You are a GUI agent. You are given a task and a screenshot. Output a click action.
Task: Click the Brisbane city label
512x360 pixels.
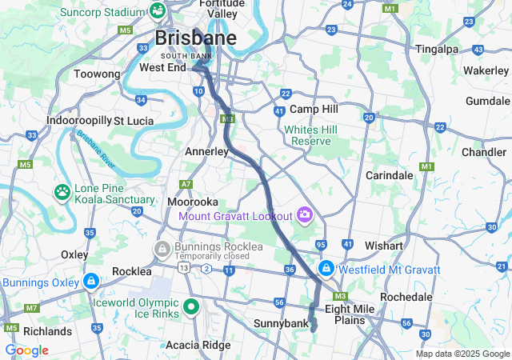point(195,38)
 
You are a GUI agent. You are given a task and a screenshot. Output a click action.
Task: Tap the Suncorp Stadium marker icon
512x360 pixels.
point(157,11)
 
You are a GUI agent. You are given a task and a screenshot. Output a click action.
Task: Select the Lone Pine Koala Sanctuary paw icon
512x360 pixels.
point(62,192)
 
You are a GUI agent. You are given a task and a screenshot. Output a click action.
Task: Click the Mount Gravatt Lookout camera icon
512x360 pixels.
point(304,214)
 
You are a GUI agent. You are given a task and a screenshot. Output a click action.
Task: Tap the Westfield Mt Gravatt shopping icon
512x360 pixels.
point(326,268)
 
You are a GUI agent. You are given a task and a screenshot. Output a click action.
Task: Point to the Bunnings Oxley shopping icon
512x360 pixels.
point(91,282)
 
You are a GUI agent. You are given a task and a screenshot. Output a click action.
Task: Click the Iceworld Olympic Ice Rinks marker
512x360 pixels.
point(191,306)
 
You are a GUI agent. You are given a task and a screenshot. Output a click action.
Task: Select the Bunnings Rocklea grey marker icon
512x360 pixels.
point(162,249)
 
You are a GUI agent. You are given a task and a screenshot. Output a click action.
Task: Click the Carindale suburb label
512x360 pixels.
point(389,174)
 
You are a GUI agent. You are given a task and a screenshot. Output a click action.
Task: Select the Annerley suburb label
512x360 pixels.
point(206,150)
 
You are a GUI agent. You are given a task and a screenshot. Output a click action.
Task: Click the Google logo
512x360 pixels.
point(26,350)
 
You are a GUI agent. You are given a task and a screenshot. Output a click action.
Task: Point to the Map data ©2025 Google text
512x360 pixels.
point(462,354)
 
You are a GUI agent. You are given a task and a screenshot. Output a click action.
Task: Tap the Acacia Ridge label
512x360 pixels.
point(197,345)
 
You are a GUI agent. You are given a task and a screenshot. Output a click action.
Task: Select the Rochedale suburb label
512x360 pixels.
point(406,296)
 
